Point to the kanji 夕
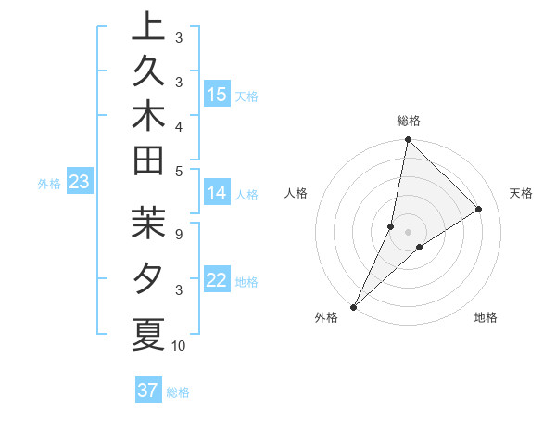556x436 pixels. (x=148, y=277)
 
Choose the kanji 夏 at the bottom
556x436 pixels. (x=148, y=333)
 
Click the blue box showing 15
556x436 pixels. (x=217, y=95)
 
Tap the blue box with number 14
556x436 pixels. (x=217, y=193)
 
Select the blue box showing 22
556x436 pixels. (x=217, y=280)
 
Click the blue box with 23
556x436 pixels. (x=79, y=183)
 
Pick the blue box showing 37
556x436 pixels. (x=148, y=391)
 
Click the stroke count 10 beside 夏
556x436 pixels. (x=179, y=346)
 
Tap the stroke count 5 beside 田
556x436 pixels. (x=178, y=170)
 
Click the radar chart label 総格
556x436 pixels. (x=408, y=121)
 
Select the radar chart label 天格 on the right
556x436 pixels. (x=521, y=193)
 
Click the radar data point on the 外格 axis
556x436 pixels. (x=354, y=306)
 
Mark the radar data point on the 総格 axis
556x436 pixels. (x=408, y=140)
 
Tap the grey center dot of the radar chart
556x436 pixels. (x=408, y=231)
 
